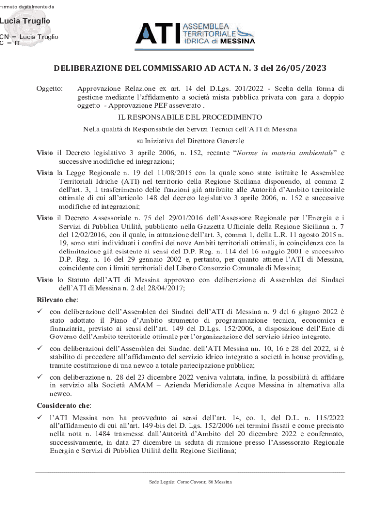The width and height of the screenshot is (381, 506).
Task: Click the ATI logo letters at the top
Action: (158, 34)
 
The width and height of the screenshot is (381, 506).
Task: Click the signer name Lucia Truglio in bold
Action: (25, 21)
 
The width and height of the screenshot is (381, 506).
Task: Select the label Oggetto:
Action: (50, 88)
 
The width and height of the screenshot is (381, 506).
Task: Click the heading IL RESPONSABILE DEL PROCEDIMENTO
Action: (190, 118)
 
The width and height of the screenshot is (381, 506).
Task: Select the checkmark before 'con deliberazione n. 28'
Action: (40, 377)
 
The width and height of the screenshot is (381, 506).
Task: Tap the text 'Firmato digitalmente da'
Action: (27, 6)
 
